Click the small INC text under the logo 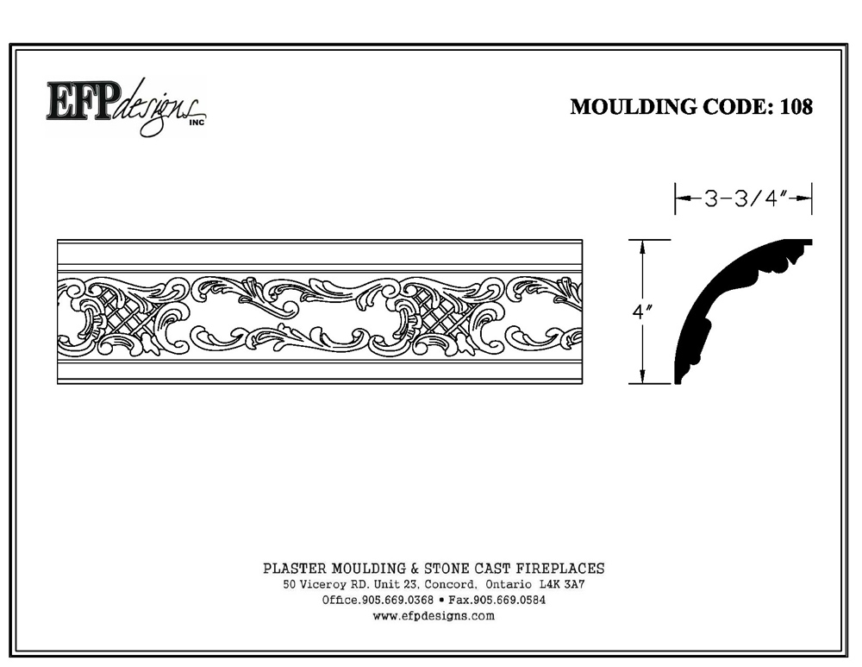197,123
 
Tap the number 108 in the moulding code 796,107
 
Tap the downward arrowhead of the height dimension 641,376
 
